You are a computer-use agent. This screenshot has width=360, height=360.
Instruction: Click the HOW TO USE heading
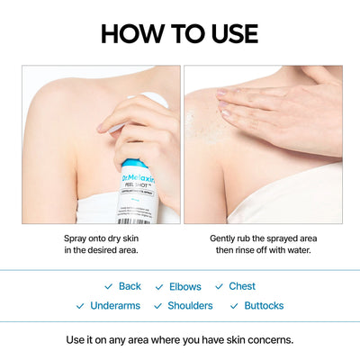(179, 33)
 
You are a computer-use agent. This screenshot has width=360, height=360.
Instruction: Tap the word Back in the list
(130, 286)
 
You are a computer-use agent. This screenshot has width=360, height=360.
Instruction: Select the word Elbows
(185, 286)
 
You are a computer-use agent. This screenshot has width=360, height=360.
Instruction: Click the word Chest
(242, 286)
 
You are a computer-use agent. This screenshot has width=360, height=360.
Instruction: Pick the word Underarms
(114, 306)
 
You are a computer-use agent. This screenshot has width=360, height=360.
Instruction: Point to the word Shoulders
(190, 306)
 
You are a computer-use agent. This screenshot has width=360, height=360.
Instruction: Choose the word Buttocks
(264, 306)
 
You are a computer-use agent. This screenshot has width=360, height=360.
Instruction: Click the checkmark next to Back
(108, 286)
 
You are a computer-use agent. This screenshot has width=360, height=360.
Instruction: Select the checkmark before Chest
(219, 286)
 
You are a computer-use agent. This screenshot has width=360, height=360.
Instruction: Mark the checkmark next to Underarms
(80, 306)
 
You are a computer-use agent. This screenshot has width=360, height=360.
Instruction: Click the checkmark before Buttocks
(234, 306)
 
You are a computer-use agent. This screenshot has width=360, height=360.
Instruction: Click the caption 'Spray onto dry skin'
(101, 238)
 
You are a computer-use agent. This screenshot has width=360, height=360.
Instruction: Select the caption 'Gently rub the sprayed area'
(263, 238)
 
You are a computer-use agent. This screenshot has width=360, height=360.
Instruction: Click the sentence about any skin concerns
(180, 340)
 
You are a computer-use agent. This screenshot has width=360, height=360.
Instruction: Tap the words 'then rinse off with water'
(263, 250)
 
